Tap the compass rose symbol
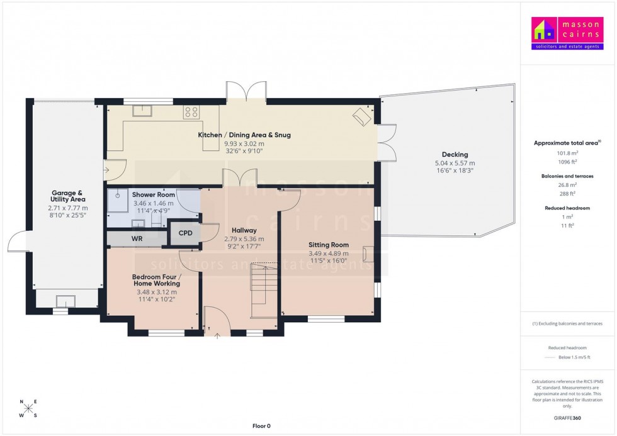pyautogui.click(x=28, y=408)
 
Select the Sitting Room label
pyautogui.click(x=328, y=245)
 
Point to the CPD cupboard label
pyautogui.click(x=186, y=233)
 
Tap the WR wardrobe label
pyautogui.click(x=137, y=239)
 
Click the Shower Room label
pyautogui.click(x=154, y=195)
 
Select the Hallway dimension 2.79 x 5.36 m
pyautogui.click(x=244, y=239)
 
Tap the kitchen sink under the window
pyautogui.click(x=142, y=112)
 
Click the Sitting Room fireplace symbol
pyautogui.click(x=368, y=254)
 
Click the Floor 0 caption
pyautogui.click(x=261, y=426)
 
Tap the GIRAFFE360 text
pyautogui.click(x=567, y=417)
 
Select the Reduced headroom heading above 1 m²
pyautogui.click(x=567, y=208)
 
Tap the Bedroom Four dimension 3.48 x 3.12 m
pyautogui.click(x=157, y=292)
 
